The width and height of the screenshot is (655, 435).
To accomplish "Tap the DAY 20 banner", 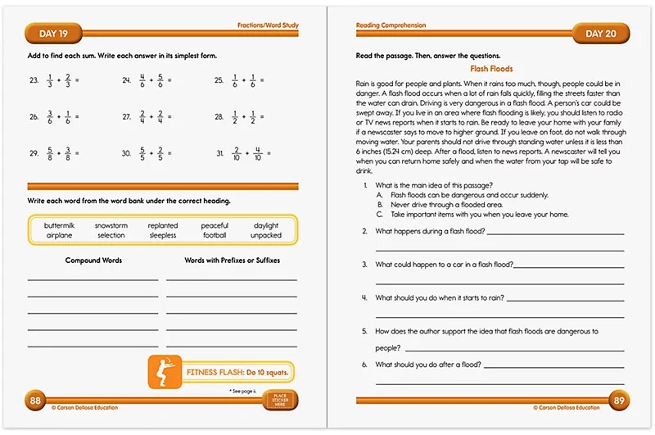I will point(599,34).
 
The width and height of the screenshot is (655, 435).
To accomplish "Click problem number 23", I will point(34,81).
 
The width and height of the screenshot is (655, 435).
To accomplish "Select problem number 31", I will point(220,153).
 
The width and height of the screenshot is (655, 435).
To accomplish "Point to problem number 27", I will point(127,117).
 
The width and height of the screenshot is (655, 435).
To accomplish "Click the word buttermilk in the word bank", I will point(60,225).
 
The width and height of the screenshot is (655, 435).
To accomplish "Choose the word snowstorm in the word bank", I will point(111,225).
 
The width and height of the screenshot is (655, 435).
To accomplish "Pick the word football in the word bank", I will point(215,235).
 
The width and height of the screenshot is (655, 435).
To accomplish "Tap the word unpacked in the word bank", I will point(266,235).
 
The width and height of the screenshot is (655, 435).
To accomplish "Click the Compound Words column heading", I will point(93,261).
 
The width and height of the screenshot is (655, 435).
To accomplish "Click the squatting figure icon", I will point(163,373).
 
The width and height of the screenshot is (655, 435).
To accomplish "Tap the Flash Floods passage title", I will point(491,70).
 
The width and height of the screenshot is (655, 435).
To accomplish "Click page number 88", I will point(36,401).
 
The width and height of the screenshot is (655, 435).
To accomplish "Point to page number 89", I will point(618,401).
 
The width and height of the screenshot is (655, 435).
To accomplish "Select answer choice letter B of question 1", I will point(380,205).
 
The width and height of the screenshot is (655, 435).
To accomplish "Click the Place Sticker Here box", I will point(279,401).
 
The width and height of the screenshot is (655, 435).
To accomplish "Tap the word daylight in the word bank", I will point(266,225).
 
